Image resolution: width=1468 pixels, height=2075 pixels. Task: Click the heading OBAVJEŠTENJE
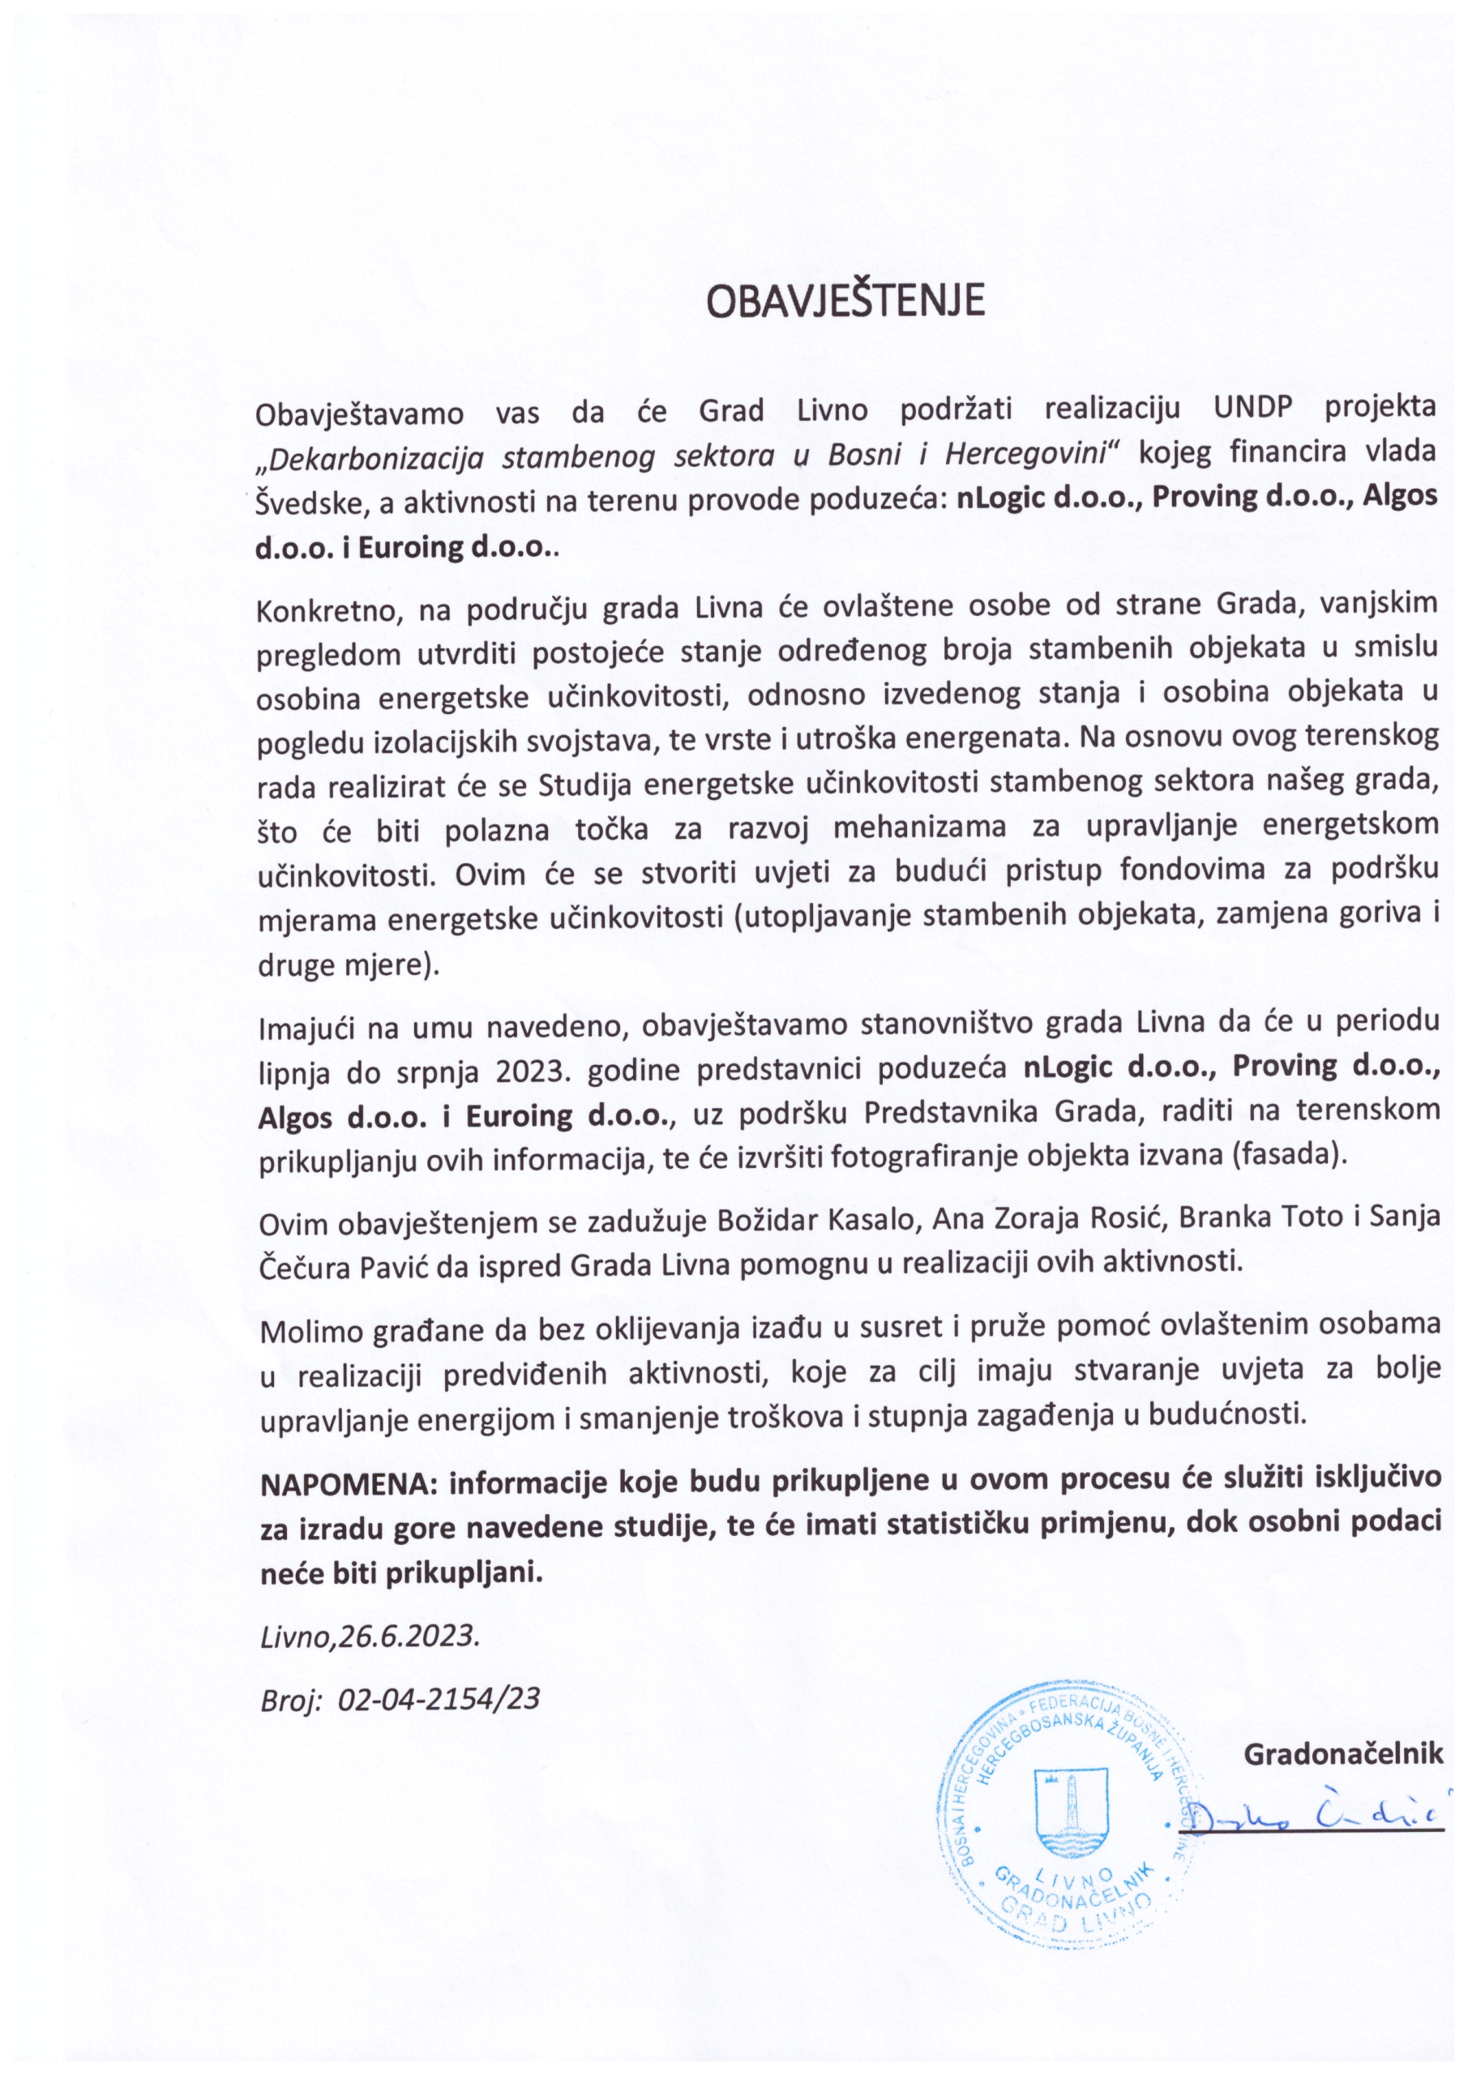845,302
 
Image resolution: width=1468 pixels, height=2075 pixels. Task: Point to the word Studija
576,784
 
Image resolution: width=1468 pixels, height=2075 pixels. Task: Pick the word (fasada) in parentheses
1295,1157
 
